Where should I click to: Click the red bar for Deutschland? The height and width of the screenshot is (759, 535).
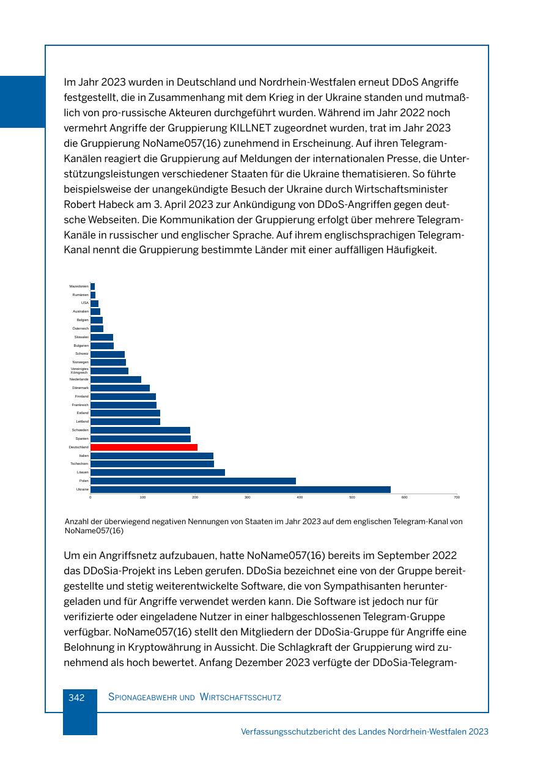pos(144,447)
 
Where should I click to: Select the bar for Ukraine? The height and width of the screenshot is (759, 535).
pos(240,489)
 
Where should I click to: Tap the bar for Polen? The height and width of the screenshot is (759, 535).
pos(193,481)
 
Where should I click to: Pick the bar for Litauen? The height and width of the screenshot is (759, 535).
pos(157,472)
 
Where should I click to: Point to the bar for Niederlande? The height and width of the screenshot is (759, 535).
pos(116,379)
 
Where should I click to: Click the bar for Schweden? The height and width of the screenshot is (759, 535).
pos(140,430)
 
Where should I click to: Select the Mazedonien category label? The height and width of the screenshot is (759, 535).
pos(79,286)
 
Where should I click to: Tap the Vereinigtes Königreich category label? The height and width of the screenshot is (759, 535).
pos(79,371)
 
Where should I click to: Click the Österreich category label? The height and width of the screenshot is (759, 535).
pos(80,328)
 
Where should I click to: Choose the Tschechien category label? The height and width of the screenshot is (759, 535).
pos(79,464)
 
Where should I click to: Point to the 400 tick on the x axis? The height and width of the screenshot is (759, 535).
pos(300,497)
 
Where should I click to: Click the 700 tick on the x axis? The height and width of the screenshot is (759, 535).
pos(457,497)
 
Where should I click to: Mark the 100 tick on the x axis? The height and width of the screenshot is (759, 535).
pos(142,497)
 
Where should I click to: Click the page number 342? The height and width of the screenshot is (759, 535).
pos(76,697)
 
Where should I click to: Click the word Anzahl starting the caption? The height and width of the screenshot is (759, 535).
pos(76,522)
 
